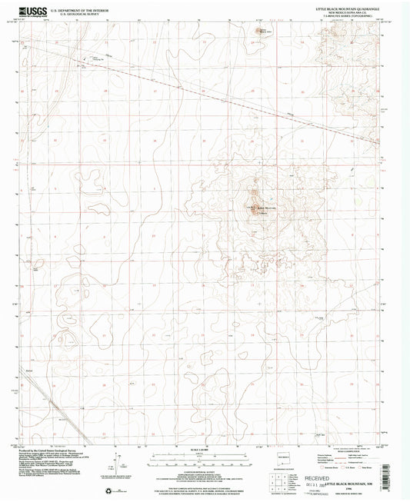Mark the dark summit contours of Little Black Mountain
[254, 204]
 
